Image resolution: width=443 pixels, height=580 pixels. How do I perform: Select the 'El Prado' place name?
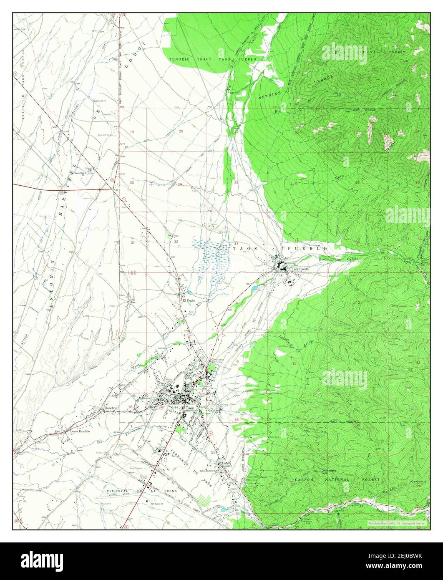(x=188, y=300)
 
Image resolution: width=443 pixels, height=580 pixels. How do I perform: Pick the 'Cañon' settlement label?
(x=225, y=463)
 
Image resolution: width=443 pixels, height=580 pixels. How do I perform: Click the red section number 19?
(x=132, y=132)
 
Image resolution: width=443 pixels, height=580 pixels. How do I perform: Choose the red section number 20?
(x=181, y=131)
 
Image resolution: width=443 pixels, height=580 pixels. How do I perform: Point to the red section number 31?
(x=133, y=242)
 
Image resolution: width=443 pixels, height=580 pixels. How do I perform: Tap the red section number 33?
(x=236, y=244)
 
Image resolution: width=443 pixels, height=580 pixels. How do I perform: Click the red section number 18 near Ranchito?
(x=131, y=407)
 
